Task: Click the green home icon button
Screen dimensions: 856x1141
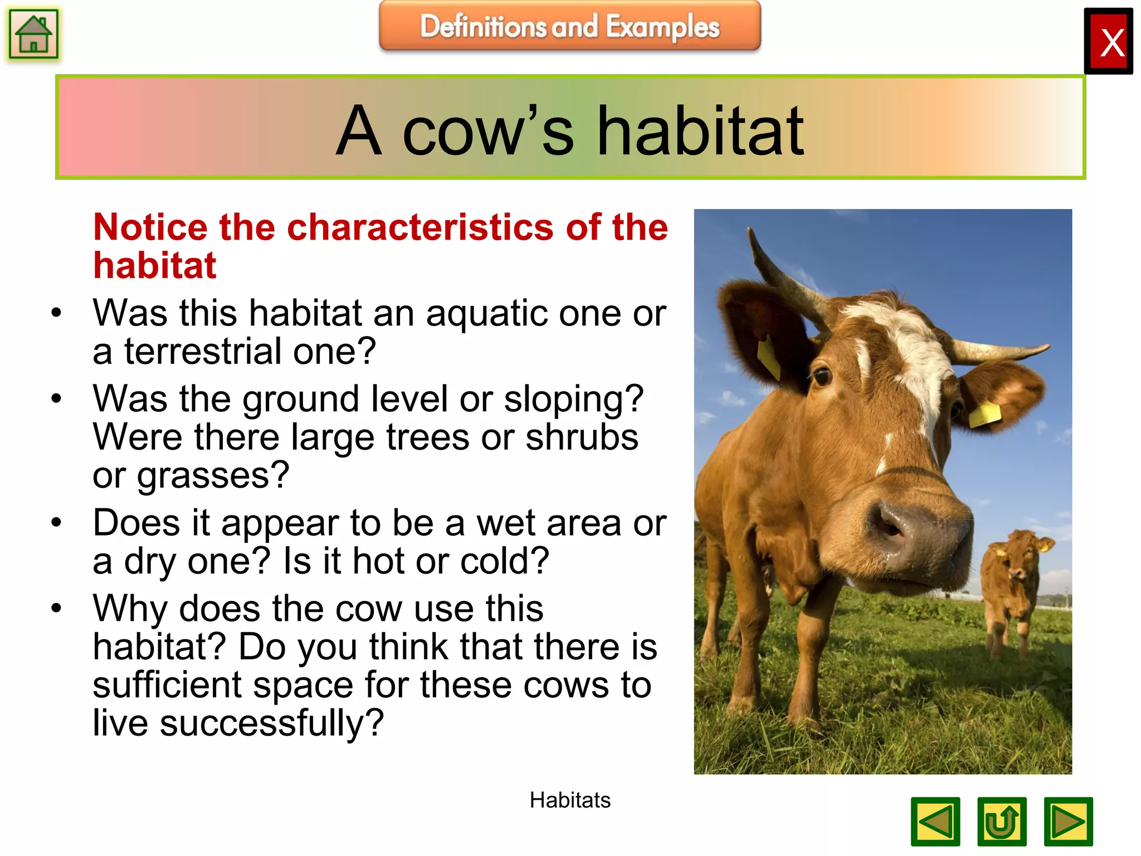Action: [x=33, y=34]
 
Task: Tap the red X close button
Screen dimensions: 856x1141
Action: [x=1108, y=42]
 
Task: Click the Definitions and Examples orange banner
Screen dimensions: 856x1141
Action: [x=569, y=26]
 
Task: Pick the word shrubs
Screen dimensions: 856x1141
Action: [x=582, y=437]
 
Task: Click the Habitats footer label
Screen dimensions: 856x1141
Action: [x=569, y=800]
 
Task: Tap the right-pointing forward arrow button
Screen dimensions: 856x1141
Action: [x=1067, y=821]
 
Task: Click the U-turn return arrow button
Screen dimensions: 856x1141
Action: [x=1001, y=821]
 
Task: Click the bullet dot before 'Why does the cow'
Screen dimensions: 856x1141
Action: [x=56, y=608]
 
